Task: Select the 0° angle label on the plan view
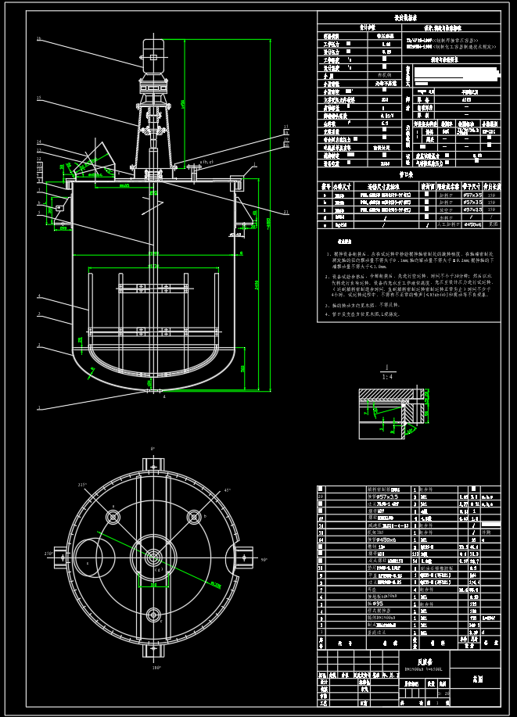pos(153,448)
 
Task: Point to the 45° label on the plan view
pos(228,489)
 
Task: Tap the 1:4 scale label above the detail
pos(386,376)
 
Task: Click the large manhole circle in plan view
pos(88,557)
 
